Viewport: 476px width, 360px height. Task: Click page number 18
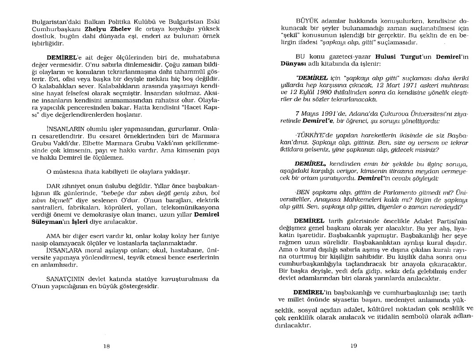point(106,346)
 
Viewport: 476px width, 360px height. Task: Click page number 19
point(354,346)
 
